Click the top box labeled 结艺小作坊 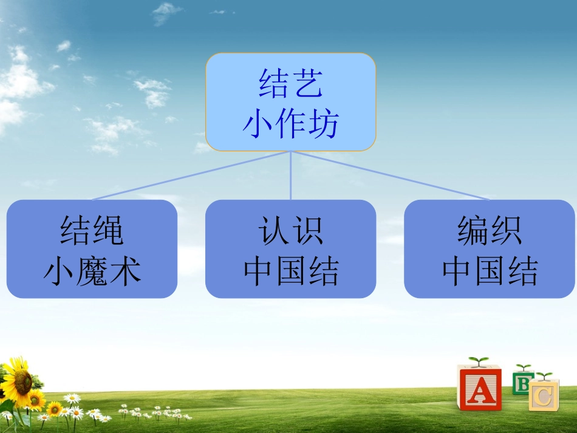point(291,102)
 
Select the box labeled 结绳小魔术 point(92,249)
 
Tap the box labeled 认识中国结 point(291,249)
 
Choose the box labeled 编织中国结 point(490,249)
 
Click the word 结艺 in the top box point(291,84)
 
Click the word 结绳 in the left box point(92,230)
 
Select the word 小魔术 point(92,271)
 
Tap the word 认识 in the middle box point(291,230)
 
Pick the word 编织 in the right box point(490,230)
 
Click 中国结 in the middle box point(291,271)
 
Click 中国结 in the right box point(490,271)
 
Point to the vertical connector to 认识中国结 point(291,176)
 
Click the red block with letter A point(479,388)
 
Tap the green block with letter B point(522,384)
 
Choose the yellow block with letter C point(544,395)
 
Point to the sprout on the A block point(479,361)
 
